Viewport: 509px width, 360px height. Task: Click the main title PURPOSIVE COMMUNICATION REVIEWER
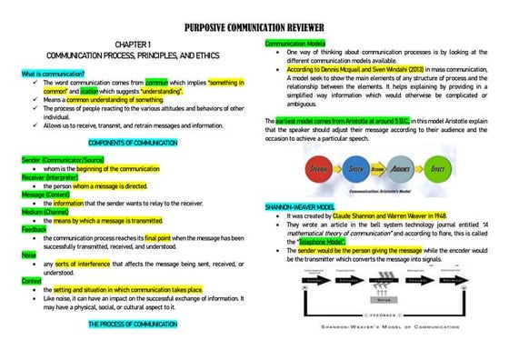[255, 28]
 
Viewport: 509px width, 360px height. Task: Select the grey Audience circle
[397, 170]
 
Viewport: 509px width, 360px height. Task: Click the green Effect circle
[437, 170]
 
